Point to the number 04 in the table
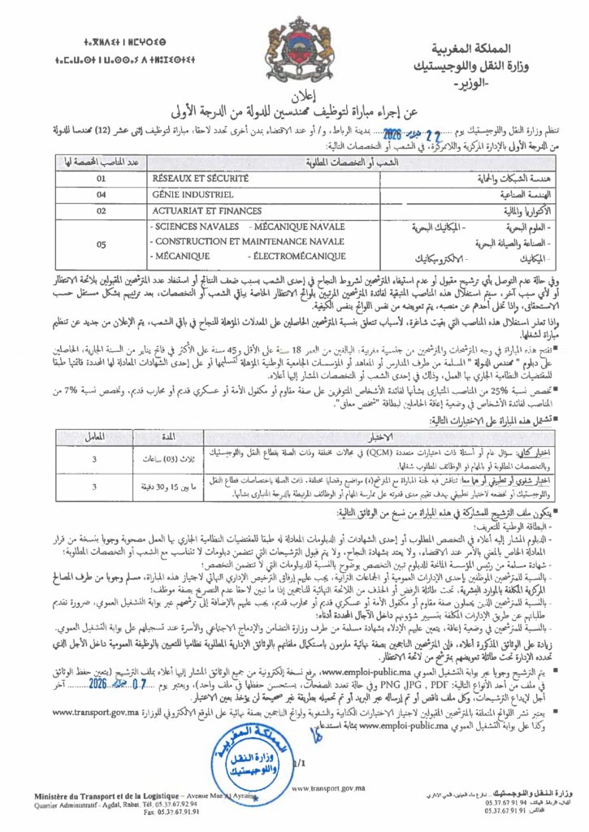click(x=102, y=194)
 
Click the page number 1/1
click(x=301, y=762)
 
